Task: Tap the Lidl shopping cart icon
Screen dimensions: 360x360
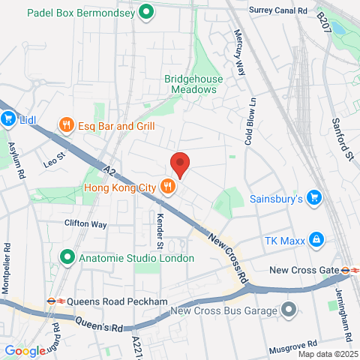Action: click(9, 119)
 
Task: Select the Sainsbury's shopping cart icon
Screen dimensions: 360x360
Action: click(315, 199)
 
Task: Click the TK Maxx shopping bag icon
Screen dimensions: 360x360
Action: click(316, 240)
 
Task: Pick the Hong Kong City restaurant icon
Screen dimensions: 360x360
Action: click(167, 187)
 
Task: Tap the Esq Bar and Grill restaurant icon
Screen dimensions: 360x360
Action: click(67, 126)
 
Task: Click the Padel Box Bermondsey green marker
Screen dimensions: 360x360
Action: click(148, 12)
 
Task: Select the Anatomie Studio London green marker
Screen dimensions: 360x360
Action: click(67, 258)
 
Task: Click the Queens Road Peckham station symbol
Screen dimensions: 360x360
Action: click(51, 301)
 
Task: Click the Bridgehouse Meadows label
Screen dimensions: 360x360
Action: click(190, 83)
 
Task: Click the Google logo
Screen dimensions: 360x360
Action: click(25, 351)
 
